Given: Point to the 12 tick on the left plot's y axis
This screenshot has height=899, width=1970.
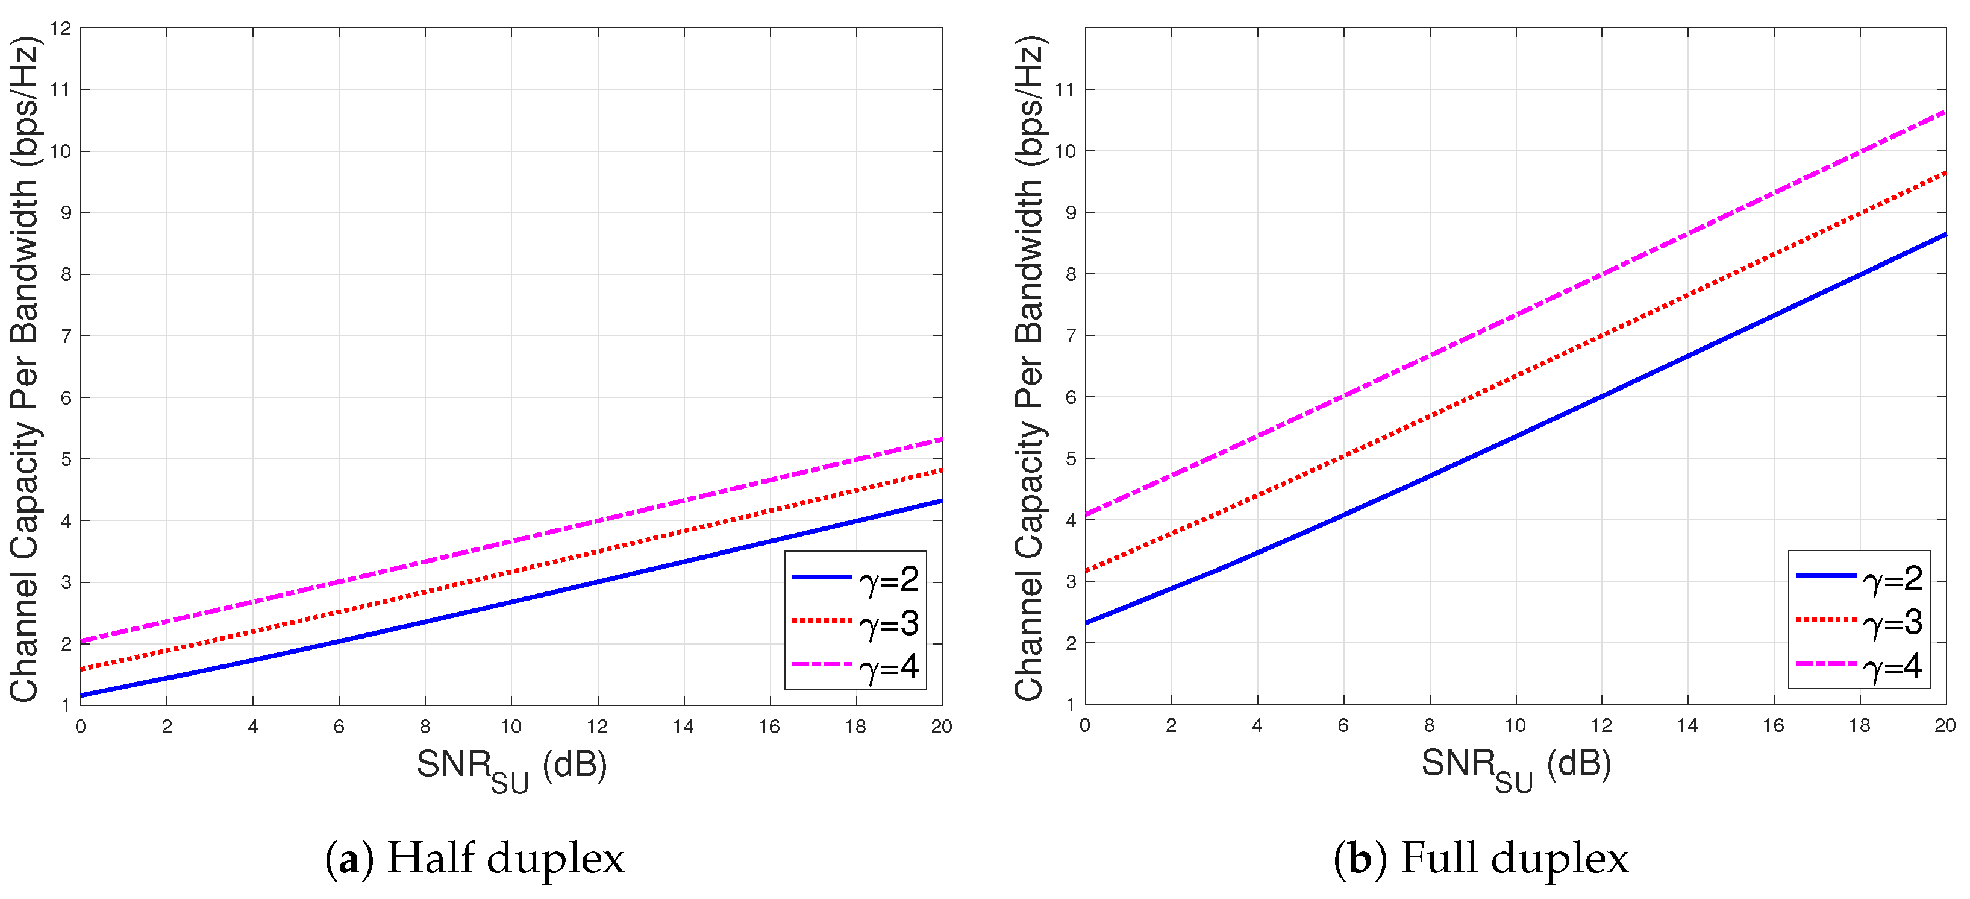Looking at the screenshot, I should pos(61,28).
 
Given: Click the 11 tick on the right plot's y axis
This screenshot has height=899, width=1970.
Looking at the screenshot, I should pos(1065,89).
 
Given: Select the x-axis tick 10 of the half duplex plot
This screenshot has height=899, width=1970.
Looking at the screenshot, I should pos(511,726).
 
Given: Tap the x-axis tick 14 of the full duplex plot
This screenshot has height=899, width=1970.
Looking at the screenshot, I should pos(1687,725).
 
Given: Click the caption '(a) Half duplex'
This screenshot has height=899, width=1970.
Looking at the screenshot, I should pos(474,857).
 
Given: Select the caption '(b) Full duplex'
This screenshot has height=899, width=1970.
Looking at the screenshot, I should pos(1481,857).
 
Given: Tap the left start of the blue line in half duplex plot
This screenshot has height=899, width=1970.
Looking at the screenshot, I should pos(82,695).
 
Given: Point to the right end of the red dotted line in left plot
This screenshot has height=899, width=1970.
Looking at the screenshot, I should pos(940,470).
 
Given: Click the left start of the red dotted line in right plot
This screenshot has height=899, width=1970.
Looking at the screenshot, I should pos(1087,571).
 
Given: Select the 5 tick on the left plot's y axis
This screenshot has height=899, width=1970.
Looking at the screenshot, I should pos(66,459).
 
